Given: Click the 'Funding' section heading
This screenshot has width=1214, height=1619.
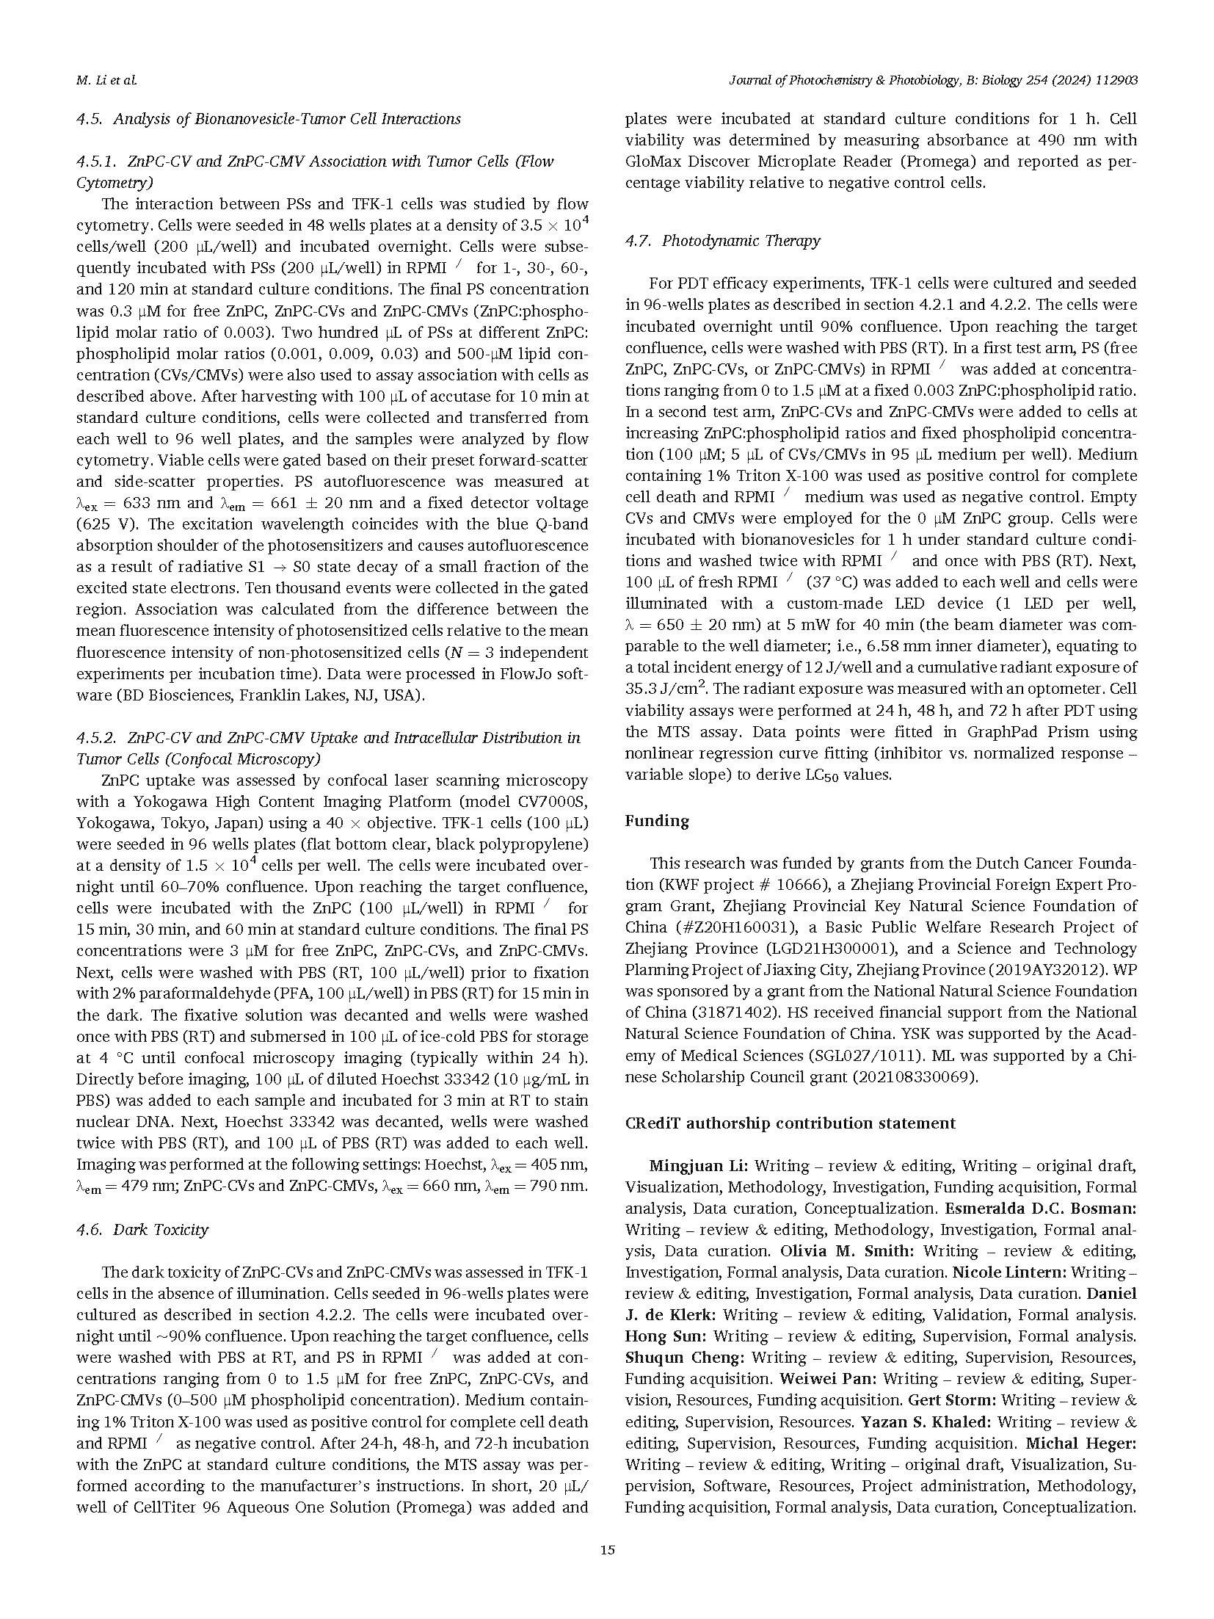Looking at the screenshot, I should pos(657,821).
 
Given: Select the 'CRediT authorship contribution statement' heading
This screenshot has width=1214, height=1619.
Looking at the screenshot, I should pos(790,1123).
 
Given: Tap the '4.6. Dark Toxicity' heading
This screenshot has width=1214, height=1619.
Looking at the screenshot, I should pos(142,1229).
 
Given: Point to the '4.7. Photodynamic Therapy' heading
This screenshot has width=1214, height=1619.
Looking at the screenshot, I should pos(722,241).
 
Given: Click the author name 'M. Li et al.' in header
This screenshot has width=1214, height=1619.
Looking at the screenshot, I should pos(106,81).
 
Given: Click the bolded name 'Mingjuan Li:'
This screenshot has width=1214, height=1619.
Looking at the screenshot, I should pos(698,1166).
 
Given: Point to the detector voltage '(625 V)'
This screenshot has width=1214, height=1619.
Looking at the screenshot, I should pos(106,524).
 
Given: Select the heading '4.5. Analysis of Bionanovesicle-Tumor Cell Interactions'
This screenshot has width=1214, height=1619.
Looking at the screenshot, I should pos(269,119).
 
